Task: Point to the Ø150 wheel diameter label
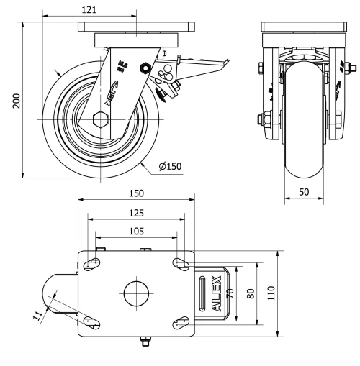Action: click(x=170, y=167)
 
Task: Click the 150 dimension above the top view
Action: click(x=136, y=193)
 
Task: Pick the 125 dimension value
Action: click(x=136, y=213)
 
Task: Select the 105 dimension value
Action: click(x=135, y=232)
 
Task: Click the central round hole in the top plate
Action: click(x=135, y=293)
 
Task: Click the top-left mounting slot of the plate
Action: click(x=92, y=264)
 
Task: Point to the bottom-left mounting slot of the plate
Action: click(x=92, y=323)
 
